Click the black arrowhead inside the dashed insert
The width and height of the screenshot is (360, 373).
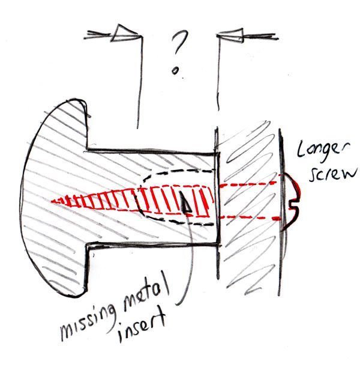tap(187, 205)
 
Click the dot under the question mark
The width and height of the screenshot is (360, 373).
tap(175, 71)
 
